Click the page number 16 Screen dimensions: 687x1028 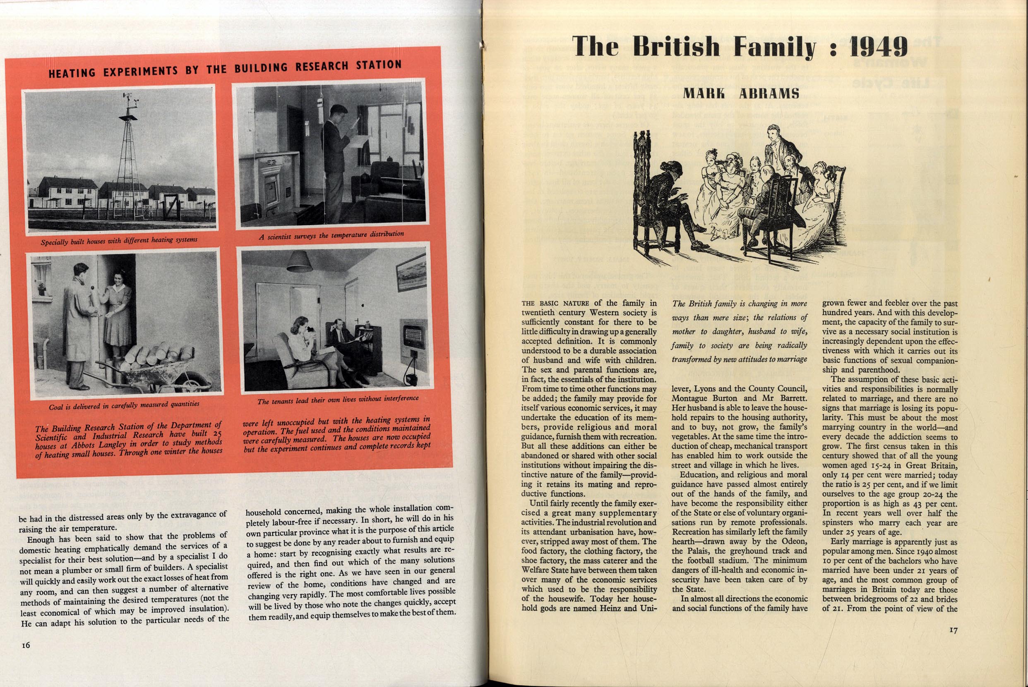tap(26, 645)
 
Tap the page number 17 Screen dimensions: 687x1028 tap(953, 630)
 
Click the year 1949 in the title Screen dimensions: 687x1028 tap(879, 46)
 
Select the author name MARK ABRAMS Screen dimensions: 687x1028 tap(741, 93)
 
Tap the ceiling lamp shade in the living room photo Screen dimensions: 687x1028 tap(299, 261)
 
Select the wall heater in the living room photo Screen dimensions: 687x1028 tap(413, 335)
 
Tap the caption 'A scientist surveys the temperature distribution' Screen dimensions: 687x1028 tap(331, 235)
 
